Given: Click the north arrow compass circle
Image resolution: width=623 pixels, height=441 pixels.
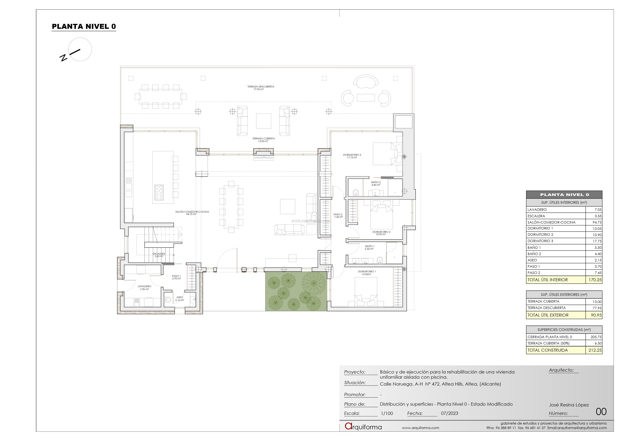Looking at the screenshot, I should [x=80, y=49].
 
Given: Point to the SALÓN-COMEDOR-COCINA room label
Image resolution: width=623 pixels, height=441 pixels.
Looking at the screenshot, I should [x=192, y=213].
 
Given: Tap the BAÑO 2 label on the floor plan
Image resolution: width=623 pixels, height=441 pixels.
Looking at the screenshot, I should [x=376, y=183].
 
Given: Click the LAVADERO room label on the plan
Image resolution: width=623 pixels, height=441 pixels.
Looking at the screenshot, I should [x=144, y=287].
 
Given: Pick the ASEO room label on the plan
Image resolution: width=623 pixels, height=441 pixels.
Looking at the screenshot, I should [x=180, y=299].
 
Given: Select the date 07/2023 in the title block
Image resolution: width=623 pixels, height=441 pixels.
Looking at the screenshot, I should [x=449, y=413].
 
